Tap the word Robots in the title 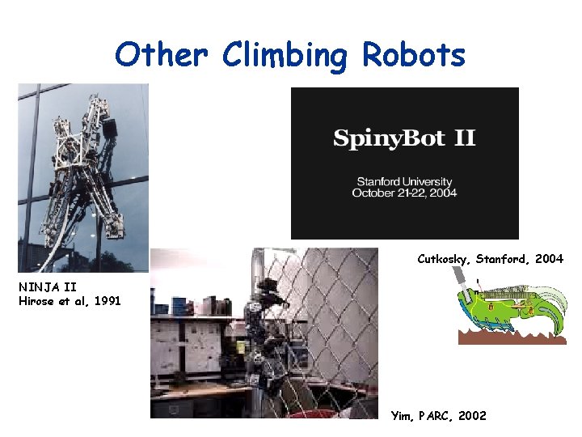tap(414, 55)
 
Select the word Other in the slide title tap(162, 55)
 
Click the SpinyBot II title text tap(404, 138)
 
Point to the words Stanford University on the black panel tap(404, 182)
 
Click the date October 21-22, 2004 tap(404, 193)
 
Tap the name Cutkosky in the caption tap(444, 259)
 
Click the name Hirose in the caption tap(36, 301)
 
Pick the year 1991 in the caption tap(107, 301)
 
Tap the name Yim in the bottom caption tap(402, 415)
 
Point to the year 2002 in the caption tap(472, 415)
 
